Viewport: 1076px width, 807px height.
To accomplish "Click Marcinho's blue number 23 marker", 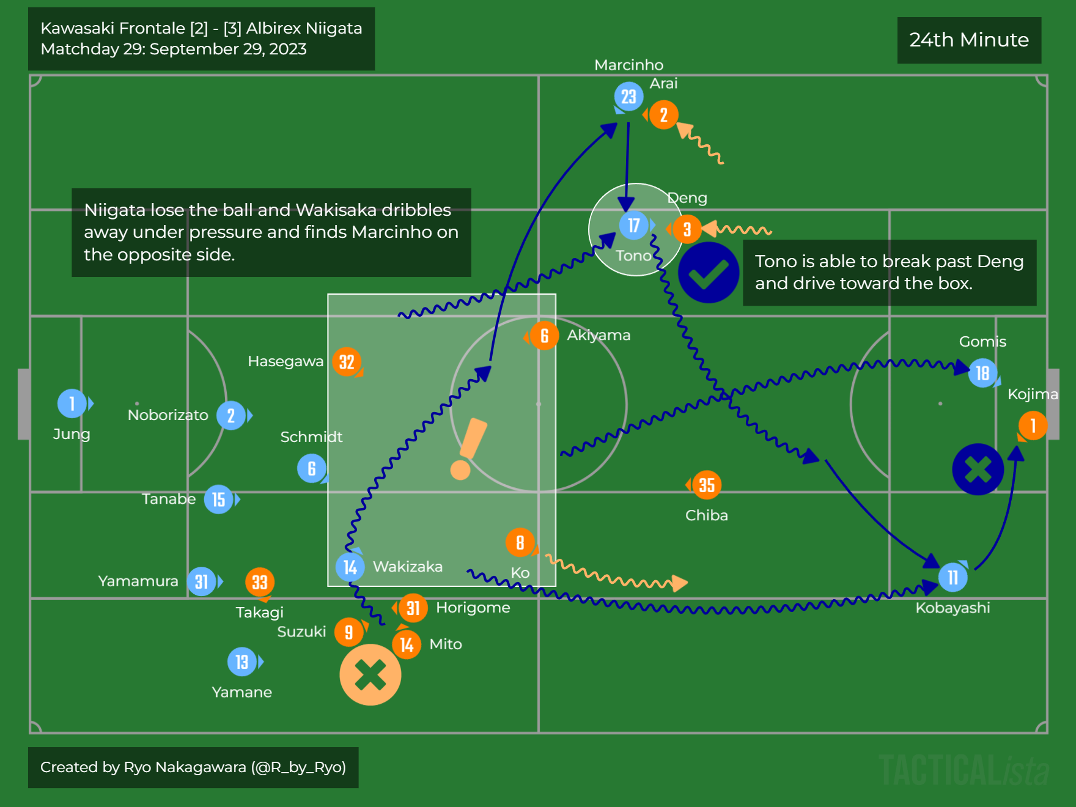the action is [x=628, y=97].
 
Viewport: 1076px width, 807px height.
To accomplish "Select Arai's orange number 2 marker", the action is [x=663, y=115].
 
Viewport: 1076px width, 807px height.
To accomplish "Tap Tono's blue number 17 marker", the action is [x=634, y=226].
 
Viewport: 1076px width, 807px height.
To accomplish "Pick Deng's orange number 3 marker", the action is [x=687, y=229].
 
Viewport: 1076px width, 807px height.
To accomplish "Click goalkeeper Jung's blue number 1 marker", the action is [x=72, y=403].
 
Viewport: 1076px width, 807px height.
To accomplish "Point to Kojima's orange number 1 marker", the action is [x=1033, y=426].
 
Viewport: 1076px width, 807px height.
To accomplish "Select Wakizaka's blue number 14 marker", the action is [x=350, y=567].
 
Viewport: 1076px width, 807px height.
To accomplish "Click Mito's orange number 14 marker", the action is [x=407, y=645].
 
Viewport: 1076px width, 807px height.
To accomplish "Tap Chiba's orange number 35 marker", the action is [x=707, y=485].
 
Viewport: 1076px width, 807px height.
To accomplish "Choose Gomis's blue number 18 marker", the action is [x=982, y=373].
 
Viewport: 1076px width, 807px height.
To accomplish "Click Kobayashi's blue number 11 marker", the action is [x=953, y=577].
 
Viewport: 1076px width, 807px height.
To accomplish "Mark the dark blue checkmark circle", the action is [x=709, y=273].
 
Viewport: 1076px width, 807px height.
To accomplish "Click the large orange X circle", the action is [x=370, y=675].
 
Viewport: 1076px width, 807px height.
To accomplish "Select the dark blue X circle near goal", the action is [x=978, y=469].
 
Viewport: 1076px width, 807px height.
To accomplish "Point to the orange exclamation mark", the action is [x=468, y=449].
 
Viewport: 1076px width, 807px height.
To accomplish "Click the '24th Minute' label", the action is [x=969, y=40].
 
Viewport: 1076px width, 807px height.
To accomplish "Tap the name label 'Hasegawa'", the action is [x=286, y=361].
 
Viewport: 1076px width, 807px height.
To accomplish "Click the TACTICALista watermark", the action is [x=964, y=770].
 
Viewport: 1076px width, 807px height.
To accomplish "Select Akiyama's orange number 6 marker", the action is [x=544, y=336].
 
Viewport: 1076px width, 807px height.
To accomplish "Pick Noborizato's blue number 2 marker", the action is [x=231, y=416].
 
